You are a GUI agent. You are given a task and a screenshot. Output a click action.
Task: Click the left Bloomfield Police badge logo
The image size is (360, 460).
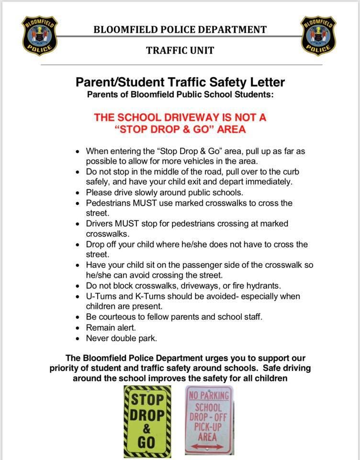[40, 35]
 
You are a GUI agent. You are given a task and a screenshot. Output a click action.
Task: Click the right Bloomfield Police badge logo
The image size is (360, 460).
[318, 35]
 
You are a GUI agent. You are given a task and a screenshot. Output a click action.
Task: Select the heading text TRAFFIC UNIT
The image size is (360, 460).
[180, 50]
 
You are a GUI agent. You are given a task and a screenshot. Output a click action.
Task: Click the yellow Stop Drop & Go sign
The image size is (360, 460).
[147, 420]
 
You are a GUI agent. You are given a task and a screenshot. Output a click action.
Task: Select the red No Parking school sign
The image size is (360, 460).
[209, 420]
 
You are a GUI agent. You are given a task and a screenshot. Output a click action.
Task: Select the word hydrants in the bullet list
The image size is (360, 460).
[264, 286]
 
